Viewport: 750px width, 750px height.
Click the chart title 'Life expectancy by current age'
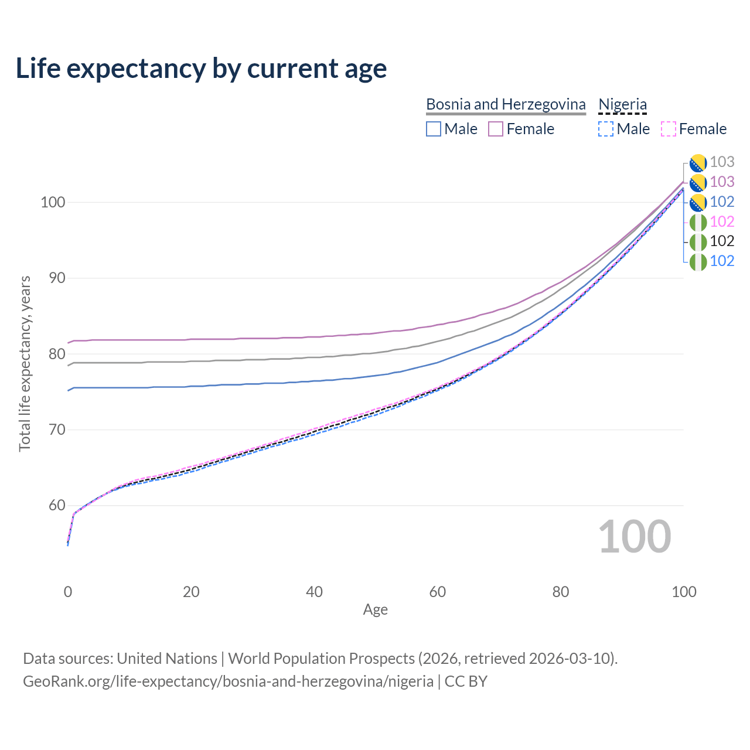tap(201, 68)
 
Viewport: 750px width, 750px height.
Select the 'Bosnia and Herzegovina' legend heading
tap(506, 104)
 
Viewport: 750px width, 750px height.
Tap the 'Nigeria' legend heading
tap(622, 104)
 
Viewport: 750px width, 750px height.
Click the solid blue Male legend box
tap(434, 129)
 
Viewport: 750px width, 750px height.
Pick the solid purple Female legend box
tap(496, 129)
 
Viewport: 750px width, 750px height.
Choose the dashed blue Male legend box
tap(606, 129)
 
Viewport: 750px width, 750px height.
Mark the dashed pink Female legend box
tap(669, 129)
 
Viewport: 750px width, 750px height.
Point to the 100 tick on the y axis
tap(52, 202)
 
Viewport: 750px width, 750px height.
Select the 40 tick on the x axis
tap(314, 592)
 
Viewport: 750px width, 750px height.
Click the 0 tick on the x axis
tap(68, 592)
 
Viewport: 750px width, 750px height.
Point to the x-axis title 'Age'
tap(375, 610)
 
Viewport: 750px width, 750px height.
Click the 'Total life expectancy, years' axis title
tap(25, 363)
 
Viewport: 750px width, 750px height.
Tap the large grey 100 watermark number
tap(634, 537)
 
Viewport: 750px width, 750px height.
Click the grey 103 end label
tap(722, 162)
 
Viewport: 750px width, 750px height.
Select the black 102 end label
tap(722, 241)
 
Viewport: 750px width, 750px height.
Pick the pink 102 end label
tap(722, 221)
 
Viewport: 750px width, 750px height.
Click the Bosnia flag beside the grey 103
tap(698, 162)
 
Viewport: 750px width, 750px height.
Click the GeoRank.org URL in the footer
tap(228, 681)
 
